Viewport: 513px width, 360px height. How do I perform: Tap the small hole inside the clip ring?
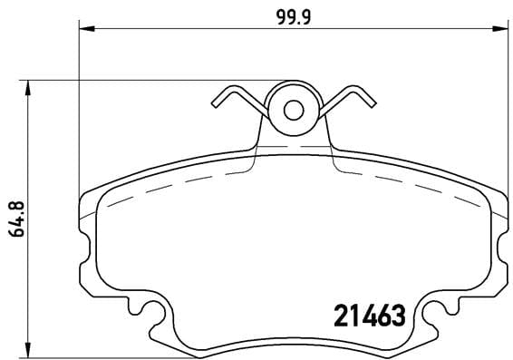pyautogui.click(x=293, y=110)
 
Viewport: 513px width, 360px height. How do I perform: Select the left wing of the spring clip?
pyautogui.click(x=237, y=101)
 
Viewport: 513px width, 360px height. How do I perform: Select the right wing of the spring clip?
pyautogui.click(x=349, y=101)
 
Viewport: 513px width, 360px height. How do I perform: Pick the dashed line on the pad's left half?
pyautogui.click(x=172, y=186)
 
